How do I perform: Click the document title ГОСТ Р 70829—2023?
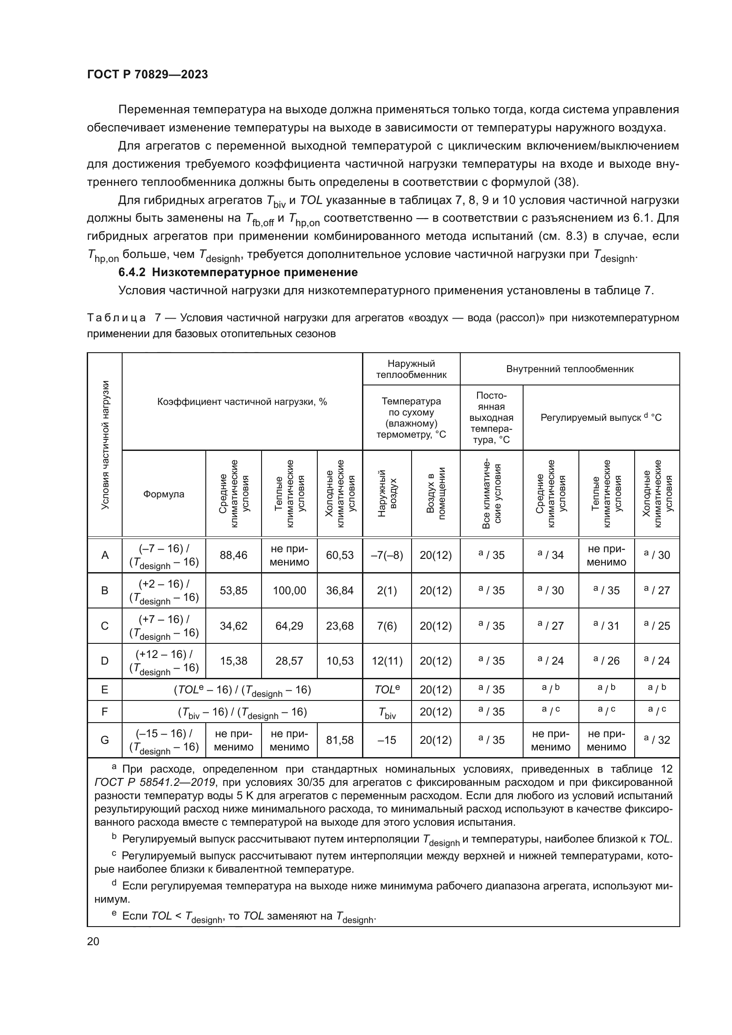(x=147, y=74)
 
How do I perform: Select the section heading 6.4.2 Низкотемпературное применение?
(x=238, y=272)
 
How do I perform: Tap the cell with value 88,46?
(x=233, y=555)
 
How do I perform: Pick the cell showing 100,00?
(x=289, y=590)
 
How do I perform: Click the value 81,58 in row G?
(x=339, y=740)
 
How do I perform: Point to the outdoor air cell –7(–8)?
(x=387, y=555)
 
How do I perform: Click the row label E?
(x=104, y=689)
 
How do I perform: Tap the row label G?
(x=104, y=740)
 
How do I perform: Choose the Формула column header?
(x=164, y=494)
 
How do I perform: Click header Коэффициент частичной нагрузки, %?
(x=242, y=402)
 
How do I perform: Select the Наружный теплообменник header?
(x=411, y=369)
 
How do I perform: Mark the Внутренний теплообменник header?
(x=570, y=369)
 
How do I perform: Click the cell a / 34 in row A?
(x=551, y=555)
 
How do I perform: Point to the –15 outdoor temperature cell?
(x=387, y=740)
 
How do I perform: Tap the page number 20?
(x=93, y=941)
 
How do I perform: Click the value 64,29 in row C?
(x=289, y=626)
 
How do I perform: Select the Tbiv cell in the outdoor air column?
(x=387, y=712)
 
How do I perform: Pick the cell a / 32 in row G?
(x=657, y=740)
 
